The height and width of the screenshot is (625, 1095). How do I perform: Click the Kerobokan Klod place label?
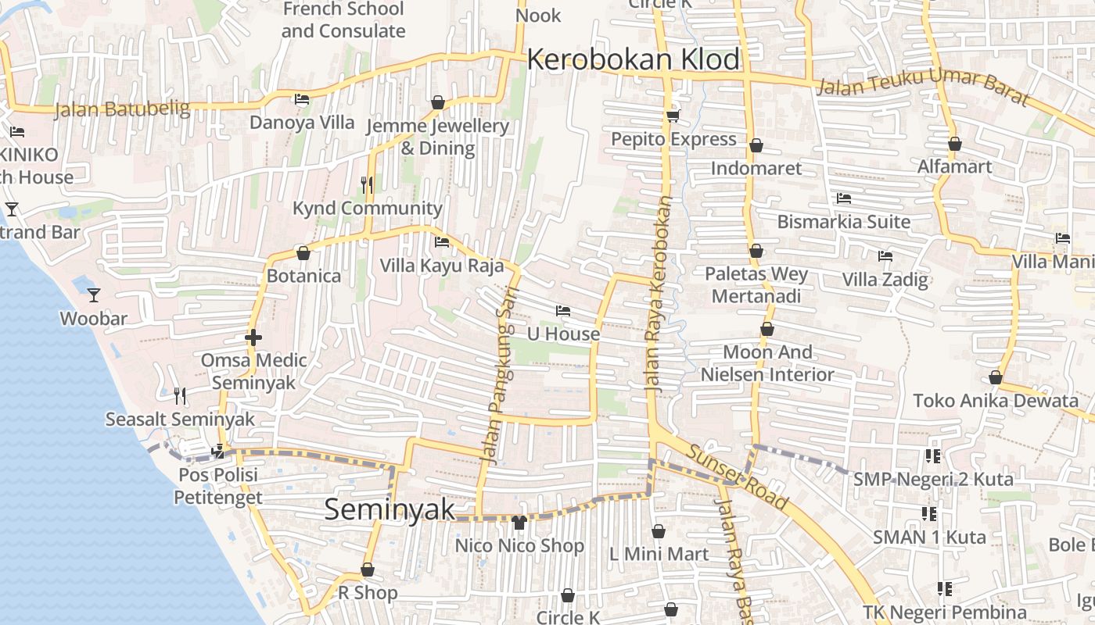pos(634,59)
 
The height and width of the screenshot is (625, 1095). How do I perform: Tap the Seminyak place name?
pos(389,509)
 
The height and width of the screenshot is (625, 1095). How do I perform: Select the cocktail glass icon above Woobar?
pos(94,295)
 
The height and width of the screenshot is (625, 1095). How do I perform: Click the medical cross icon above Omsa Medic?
pos(253,337)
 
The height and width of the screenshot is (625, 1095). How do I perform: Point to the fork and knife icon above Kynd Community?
pos(366,184)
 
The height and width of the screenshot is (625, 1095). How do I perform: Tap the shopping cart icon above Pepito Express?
pos(673,116)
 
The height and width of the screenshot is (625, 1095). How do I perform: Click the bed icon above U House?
pos(562,311)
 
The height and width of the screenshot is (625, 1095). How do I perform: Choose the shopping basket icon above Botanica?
pos(303,253)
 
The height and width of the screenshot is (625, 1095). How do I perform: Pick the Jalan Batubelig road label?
pos(122,109)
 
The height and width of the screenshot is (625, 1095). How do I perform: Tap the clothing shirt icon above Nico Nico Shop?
pos(519,522)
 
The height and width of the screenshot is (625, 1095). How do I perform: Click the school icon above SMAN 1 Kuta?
pos(929,514)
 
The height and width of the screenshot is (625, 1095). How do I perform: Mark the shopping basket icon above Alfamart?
pos(954,144)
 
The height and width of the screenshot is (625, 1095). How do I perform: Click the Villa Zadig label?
pos(885,280)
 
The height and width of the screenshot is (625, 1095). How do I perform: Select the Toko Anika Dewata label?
pos(996,402)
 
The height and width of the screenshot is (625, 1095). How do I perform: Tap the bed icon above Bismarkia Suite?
pos(843,198)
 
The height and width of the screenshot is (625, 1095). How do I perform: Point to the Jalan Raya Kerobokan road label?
pos(659,294)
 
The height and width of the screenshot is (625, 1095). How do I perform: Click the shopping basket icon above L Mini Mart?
pos(659,531)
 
